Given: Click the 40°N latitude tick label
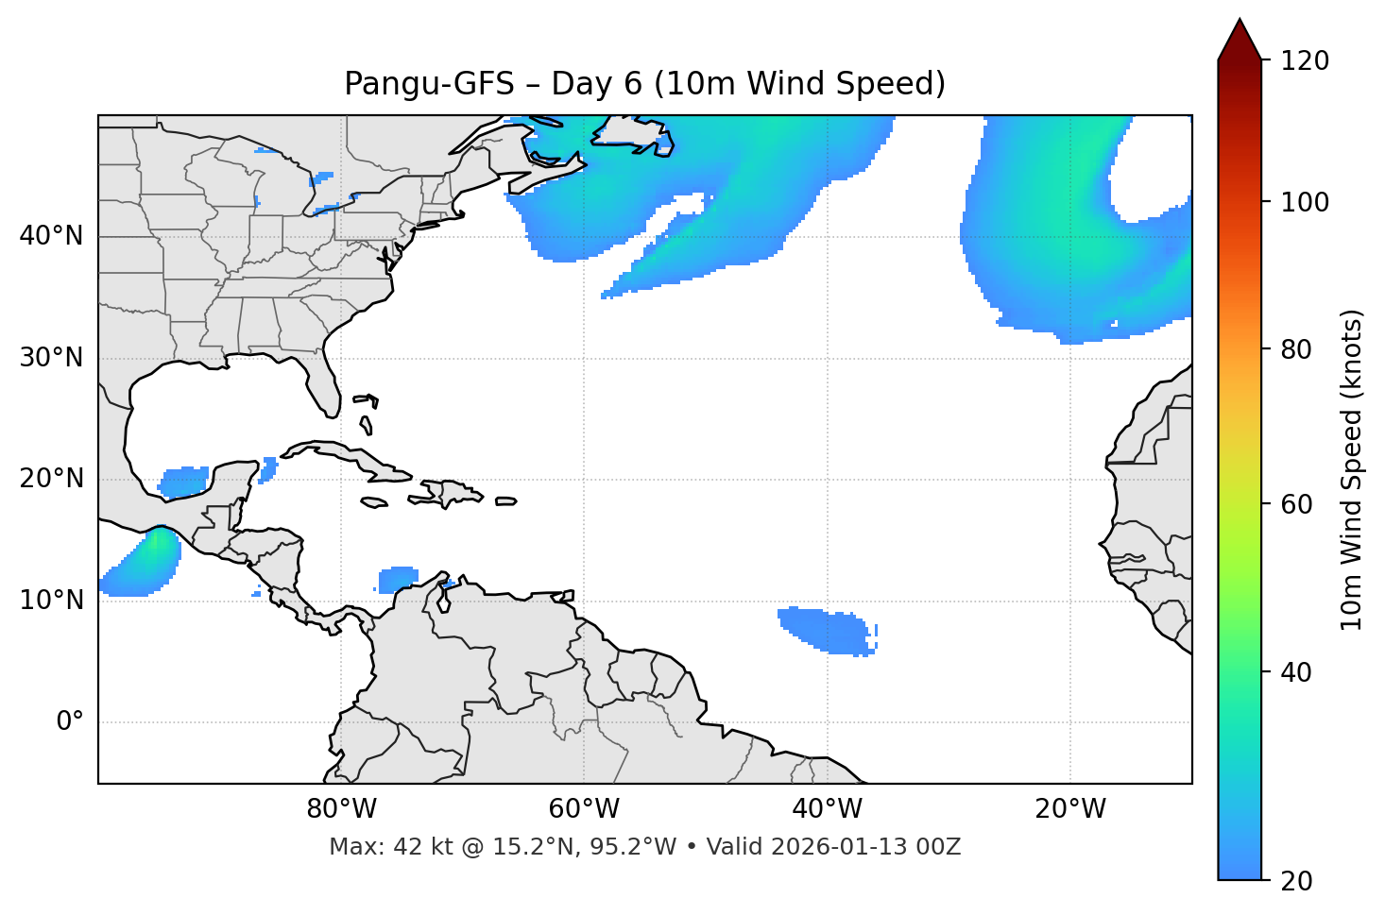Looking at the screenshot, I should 51,236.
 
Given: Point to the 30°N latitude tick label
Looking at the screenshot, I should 51,358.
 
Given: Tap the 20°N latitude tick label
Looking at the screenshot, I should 51,480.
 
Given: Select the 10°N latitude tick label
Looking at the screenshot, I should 51,601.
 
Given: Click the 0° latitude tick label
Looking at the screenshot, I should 70,722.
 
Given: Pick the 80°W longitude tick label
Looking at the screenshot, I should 341,809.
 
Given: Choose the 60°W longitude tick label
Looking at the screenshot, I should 584,809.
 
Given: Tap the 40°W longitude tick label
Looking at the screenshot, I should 827,809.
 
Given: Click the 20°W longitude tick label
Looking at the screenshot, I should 1070,809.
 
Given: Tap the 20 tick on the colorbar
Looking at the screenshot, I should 1296,881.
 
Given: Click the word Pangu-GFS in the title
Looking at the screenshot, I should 429,84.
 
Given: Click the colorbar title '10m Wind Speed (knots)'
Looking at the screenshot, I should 1352,470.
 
